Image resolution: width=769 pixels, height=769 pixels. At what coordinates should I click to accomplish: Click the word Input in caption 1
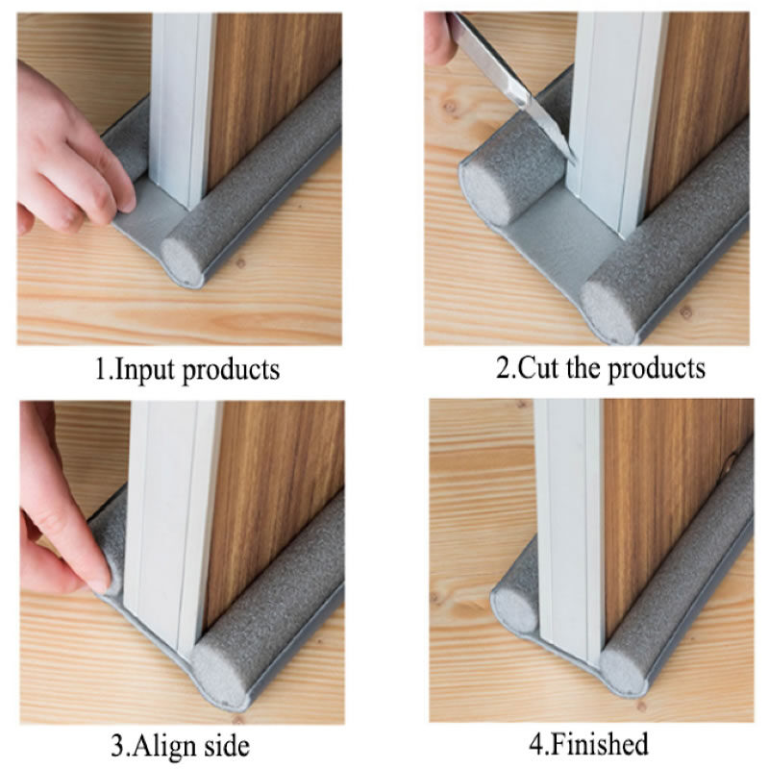coord(143,370)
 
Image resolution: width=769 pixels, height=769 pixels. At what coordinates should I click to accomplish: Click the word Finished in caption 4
coord(600,743)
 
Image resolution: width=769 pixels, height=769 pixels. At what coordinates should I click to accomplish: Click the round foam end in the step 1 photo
coord(183,262)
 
